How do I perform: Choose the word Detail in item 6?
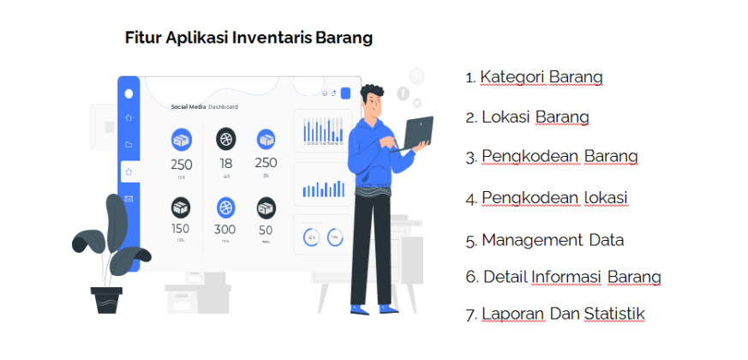click(504, 277)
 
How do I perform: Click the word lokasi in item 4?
click(605, 198)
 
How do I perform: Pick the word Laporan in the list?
click(512, 314)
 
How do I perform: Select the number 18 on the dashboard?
click(225, 163)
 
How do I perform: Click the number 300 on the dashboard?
click(224, 230)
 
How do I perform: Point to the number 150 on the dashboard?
click(181, 229)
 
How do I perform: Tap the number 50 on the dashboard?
click(266, 230)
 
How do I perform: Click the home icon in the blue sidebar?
click(129, 117)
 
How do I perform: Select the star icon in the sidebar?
click(129, 171)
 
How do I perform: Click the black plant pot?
click(107, 299)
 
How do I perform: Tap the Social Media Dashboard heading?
click(204, 107)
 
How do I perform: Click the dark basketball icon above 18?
click(225, 137)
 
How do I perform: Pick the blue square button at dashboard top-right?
click(345, 93)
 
